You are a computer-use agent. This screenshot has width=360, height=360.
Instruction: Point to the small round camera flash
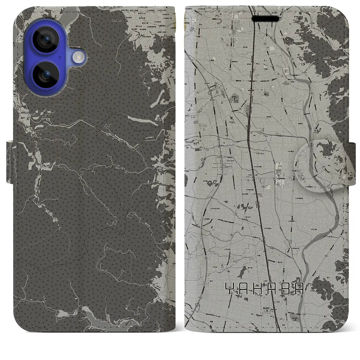click(79, 58)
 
